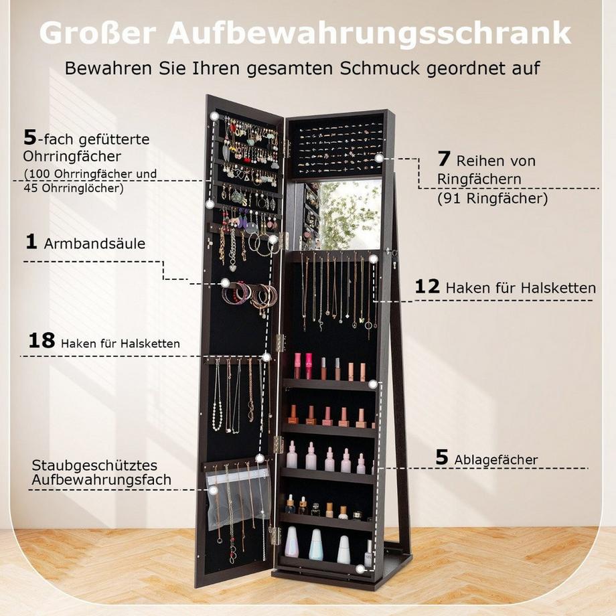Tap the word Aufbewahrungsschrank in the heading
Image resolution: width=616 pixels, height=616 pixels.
click(369, 33)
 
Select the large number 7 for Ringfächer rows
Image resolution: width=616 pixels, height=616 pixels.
click(444, 160)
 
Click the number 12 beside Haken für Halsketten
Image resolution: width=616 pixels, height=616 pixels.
click(427, 287)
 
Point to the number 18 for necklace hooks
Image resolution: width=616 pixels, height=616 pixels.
click(42, 341)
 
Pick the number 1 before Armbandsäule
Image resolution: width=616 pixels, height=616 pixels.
click(31, 242)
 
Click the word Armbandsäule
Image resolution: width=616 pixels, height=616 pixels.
click(94, 244)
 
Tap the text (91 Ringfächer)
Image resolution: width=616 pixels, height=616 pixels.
click(492, 198)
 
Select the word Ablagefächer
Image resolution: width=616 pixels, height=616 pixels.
click(495, 459)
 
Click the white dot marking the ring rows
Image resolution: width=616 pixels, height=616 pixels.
click(379, 159)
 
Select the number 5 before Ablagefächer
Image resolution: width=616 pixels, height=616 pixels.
click(442, 458)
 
